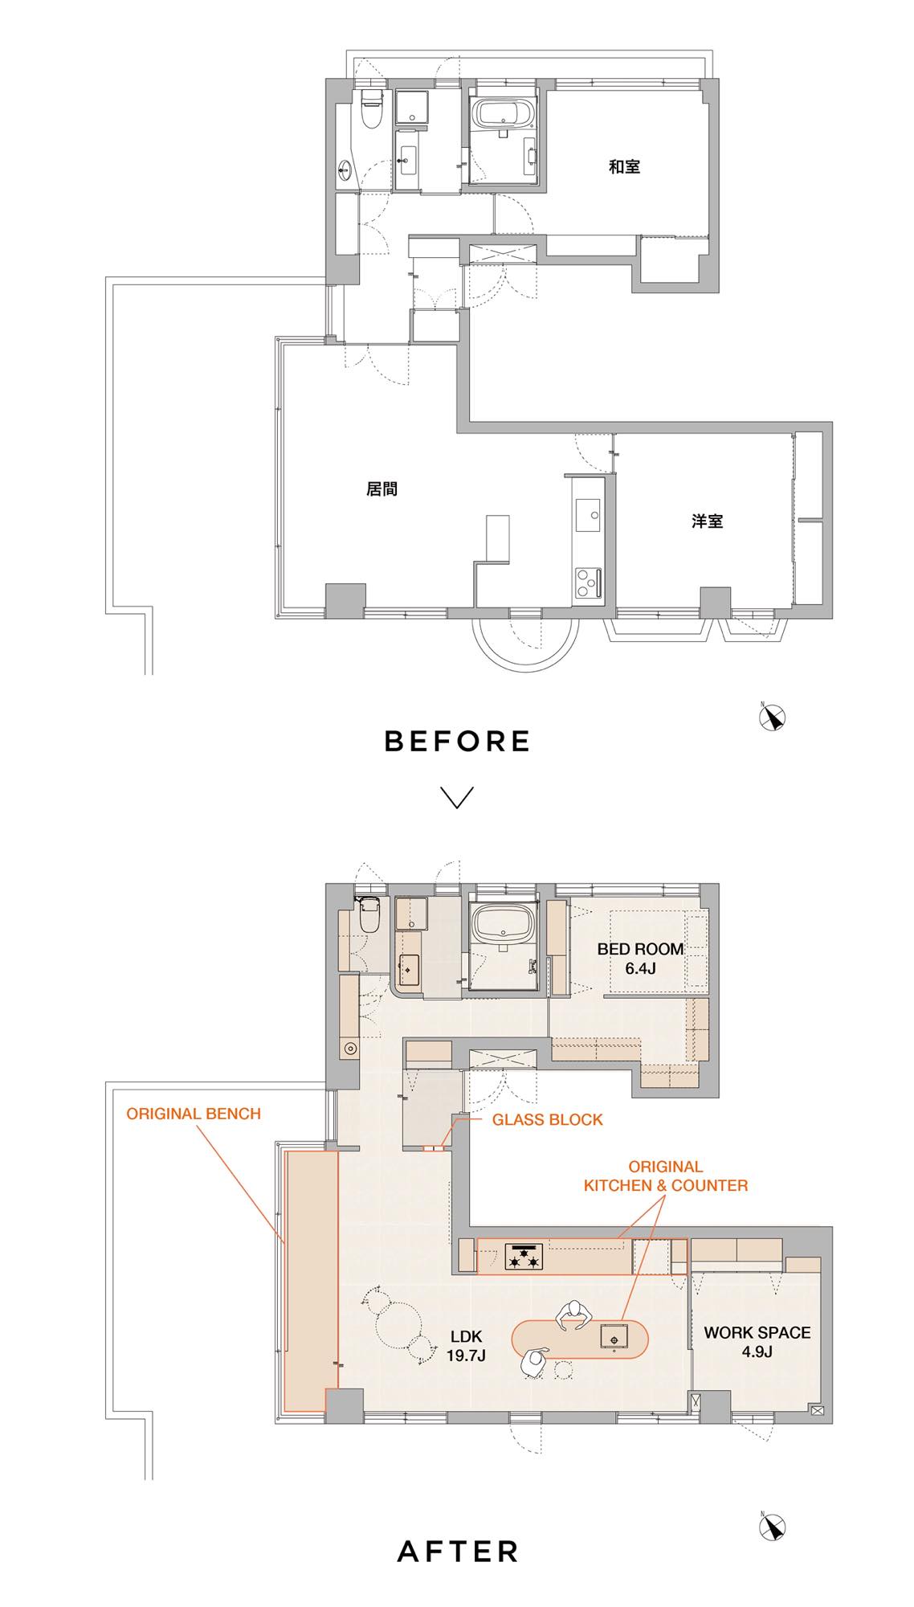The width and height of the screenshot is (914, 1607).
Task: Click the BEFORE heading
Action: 457,740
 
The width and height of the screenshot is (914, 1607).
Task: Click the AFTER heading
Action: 458,1551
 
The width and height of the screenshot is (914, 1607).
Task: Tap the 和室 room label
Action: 624,167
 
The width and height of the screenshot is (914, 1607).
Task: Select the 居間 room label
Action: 382,489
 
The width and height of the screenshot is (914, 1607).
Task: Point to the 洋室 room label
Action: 707,521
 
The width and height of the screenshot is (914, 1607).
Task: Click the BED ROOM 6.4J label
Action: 640,958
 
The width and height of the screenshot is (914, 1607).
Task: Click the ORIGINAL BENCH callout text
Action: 194,1114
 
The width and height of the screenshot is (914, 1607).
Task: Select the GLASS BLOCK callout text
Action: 547,1119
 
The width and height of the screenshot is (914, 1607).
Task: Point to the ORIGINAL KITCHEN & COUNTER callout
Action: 666,1176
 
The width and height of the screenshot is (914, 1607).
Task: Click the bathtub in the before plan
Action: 504,112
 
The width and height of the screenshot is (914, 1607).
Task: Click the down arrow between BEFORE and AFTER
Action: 457,797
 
